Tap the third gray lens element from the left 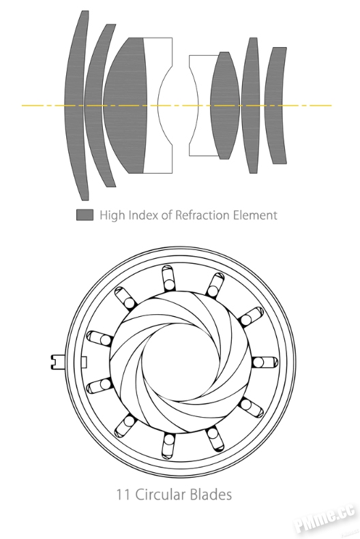[125, 105]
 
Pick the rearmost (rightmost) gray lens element [275, 105]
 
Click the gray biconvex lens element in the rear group [225, 105]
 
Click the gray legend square [85, 215]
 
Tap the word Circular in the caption [161, 495]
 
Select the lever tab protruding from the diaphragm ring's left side [57, 363]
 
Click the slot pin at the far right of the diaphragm [265, 362]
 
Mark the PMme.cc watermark [325, 519]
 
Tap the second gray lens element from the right [251, 105]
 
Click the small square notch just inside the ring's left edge [84, 362]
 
